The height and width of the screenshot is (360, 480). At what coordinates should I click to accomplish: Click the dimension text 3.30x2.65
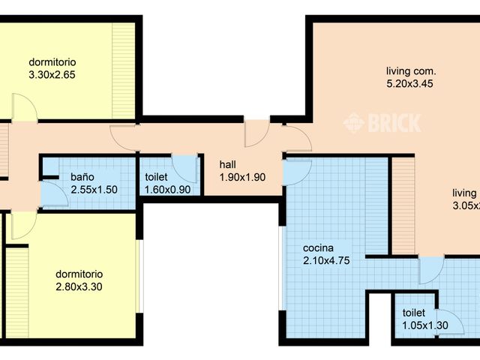pyautogui.click(x=52, y=74)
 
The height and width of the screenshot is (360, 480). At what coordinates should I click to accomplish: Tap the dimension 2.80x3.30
pyautogui.click(x=79, y=286)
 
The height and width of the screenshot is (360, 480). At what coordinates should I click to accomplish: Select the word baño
pyautogui.click(x=82, y=177)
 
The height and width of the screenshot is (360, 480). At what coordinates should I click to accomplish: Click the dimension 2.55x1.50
pyautogui.click(x=94, y=190)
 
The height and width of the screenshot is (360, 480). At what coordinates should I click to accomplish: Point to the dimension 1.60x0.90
pyautogui.click(x=168, y=190)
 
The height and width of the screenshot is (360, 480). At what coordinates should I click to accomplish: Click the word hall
pyautogui.click(x=229, y=164)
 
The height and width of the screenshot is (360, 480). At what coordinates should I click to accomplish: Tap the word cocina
pyautogui.click(x=318, y=248)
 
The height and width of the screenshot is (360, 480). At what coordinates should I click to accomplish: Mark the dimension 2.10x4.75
pyautogui.click(x=326, y=261)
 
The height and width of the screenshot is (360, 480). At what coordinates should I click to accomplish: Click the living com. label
pyautogui.click(x=406, y=71)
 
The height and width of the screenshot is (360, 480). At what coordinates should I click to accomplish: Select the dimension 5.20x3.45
pyautogui.click(x=406, y=84)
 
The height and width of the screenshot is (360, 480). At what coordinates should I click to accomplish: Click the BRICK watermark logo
pyautogui.click(x=382, y=122)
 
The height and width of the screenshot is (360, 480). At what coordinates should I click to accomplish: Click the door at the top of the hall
pyautogui.click(x=256, y=133)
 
